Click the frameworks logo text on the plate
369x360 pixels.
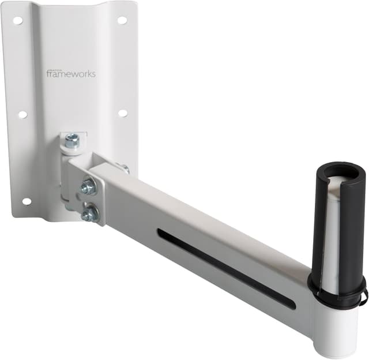71,73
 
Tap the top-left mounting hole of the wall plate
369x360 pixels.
18,20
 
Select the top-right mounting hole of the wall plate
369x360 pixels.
122,20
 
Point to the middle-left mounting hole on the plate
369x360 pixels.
22,114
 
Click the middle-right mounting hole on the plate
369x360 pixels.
123,113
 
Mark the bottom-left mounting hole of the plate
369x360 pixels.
27,201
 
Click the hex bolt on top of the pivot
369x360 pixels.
71,140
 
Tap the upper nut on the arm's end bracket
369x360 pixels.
88,186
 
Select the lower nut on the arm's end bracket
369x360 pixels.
89,215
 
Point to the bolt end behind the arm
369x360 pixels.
125,169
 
